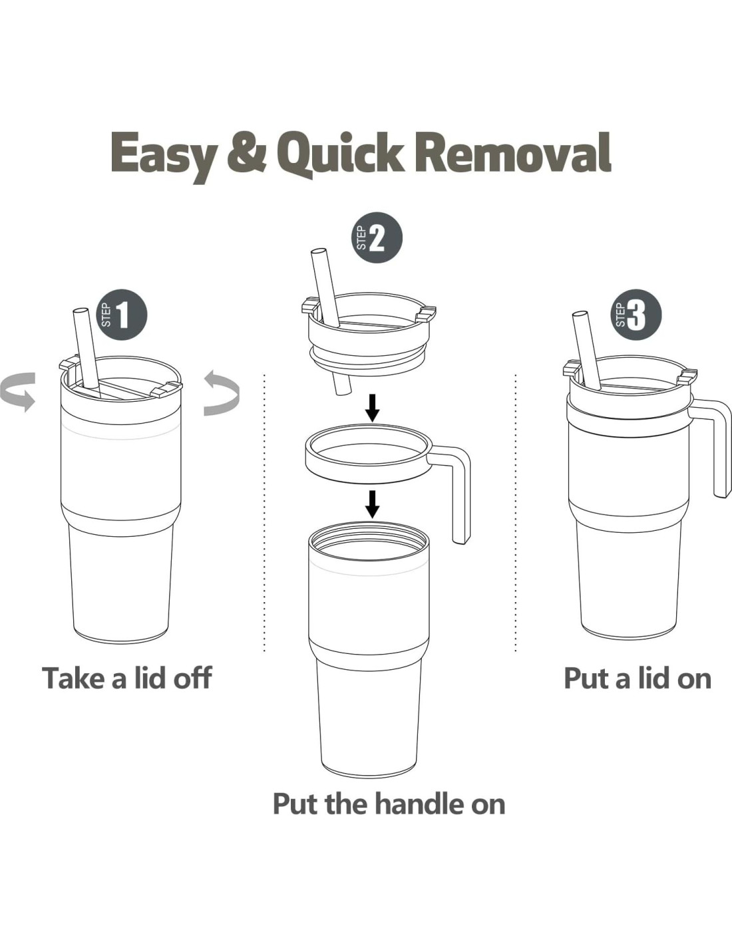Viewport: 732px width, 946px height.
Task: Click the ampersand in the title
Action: (x=249, y=152)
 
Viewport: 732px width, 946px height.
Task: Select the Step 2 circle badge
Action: (x=377, y=237)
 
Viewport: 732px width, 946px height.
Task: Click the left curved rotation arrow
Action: (x=17, y=392)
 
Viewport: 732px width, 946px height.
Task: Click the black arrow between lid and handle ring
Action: (x=372, y=408)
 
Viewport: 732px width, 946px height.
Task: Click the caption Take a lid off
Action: (x=126, y=678)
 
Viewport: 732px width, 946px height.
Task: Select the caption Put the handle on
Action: (x=389, y=804)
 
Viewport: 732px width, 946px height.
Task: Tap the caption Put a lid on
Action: (x=638, y=678)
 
